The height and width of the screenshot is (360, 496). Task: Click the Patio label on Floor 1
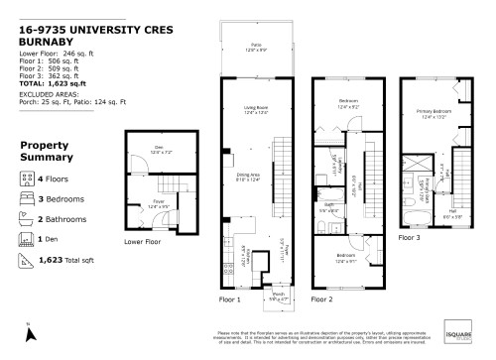[x=254, y=46]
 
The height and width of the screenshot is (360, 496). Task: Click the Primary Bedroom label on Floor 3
[x=433, y=114]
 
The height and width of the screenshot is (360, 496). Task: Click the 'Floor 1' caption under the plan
[x=229, y=298]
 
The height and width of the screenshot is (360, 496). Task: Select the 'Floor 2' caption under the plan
[x=323, y=298]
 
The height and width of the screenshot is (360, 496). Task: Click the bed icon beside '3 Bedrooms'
[x=26, y=198]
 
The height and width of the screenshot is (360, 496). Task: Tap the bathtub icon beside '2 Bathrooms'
[x=26, y=219]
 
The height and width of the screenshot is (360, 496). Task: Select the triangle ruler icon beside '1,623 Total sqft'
[x=26, y=261]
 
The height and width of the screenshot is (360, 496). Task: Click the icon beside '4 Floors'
[x=26, y=178]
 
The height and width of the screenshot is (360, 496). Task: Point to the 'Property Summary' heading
[x=45, y=151]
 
